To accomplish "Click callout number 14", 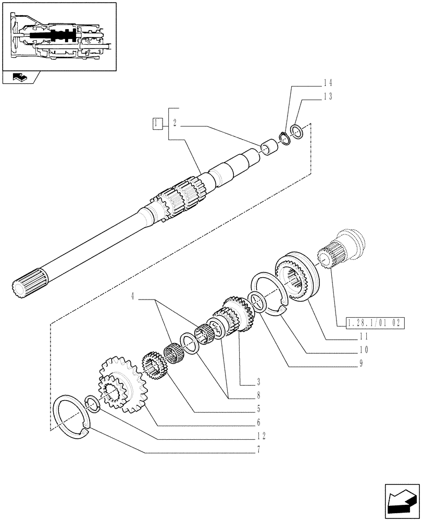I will (x=327, y=83).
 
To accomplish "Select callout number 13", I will (x=327, y=96).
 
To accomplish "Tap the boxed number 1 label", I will (x=157, y=123).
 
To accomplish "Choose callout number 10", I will (x=364, y=350).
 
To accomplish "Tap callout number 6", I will (x=258, y=422).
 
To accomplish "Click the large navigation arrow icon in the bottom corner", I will (x=402, y=499).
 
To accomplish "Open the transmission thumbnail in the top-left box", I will (x=58, y=35).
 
